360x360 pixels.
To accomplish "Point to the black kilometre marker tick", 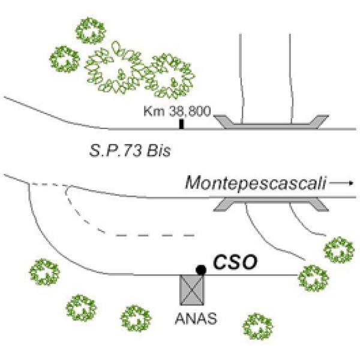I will click(182, 124).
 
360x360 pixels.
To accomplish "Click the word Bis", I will click(158, 150).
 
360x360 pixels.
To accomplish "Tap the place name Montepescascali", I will click(254, 182).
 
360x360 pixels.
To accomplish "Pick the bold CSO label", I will click(230, 262).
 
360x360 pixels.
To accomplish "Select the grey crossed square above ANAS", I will click(194, 291).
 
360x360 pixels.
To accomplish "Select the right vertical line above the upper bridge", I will click(291, 78).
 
